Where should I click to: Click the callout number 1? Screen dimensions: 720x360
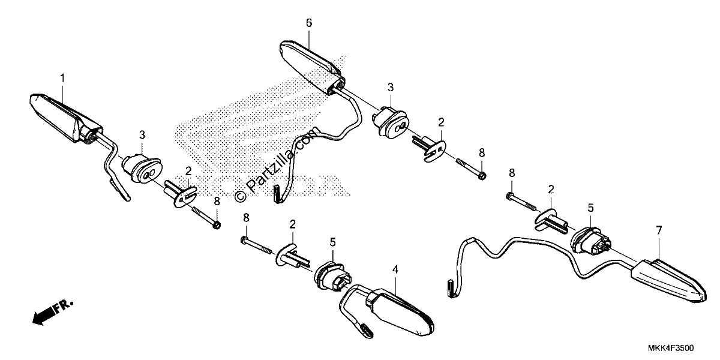(62, 78)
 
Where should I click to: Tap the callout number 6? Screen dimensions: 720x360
(309, 23)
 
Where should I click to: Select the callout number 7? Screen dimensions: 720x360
(659, 230)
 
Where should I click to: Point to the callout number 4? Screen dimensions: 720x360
(395, 269)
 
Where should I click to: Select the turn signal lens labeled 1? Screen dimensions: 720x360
(66, 118)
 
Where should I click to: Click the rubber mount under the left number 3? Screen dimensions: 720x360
(142, 169)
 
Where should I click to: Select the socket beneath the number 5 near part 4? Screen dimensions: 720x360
(332, 277)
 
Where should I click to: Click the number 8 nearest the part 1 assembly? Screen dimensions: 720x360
(217, 202)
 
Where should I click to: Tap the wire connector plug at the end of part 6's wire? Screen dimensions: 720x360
(277, 194)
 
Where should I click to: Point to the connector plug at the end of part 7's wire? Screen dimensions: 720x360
(451, 289)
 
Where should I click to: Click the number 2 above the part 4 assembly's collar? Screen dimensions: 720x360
(292, 224)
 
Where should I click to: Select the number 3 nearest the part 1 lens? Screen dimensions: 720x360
(142, 135)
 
